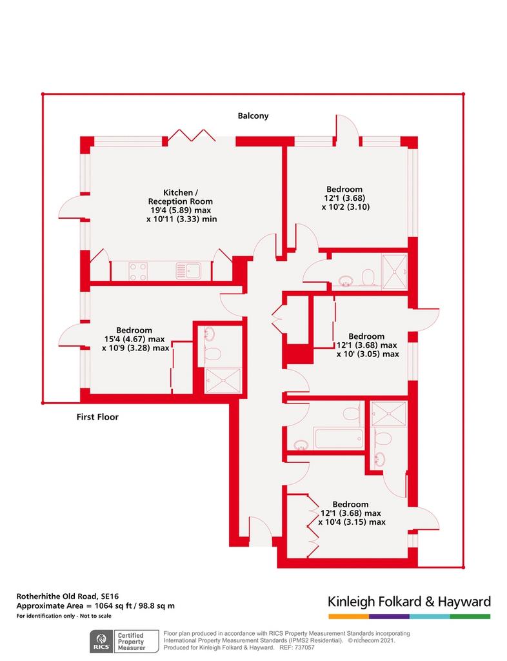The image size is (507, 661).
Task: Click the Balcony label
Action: (x=253, y=116)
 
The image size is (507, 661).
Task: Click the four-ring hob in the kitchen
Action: (x=137, y=272)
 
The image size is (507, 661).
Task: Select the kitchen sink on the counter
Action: (x=188, y=270)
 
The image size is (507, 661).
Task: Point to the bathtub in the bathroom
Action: (x=339, y=438)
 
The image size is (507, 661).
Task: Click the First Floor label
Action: (x=97, y=417)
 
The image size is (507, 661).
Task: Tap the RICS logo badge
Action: (x=101, y=642)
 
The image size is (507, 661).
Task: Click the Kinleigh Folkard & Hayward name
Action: (x=410, y=602)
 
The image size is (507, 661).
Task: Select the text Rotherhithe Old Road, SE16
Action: (x=67, y=596)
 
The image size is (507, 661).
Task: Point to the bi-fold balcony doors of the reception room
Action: (x=192, y=136)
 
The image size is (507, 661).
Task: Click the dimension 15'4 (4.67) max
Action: (x=134, y=340)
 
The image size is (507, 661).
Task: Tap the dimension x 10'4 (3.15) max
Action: (x=352, y=522)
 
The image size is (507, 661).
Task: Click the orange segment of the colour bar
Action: (x=349, y=616)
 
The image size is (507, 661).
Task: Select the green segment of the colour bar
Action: (x=470, y=616)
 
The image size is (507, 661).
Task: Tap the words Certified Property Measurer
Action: (x=131, y=642)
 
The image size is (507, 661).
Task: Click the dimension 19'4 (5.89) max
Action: (x=181, y=210)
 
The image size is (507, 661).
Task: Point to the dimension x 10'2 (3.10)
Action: (x=346, y=207)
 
